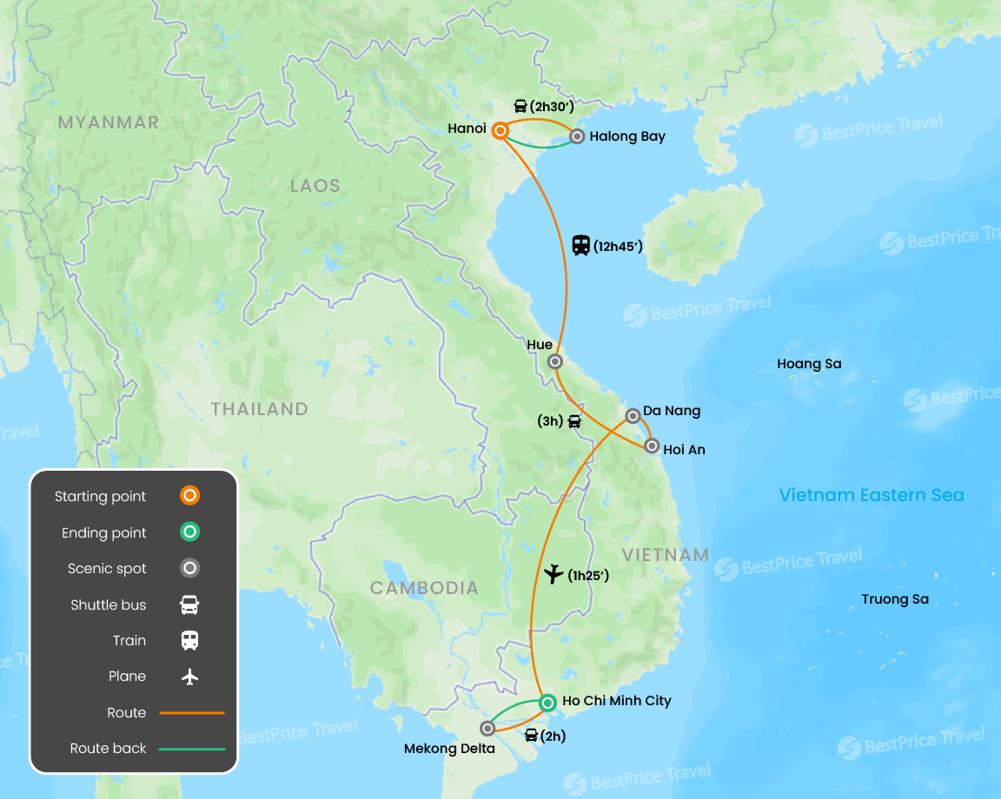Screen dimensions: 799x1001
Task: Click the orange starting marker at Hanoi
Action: coord(500,131)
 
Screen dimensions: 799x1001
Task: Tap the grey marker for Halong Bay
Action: coord(577,136)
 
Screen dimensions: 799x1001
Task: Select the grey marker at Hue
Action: coord(555,361)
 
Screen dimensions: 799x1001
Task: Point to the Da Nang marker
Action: coord(633,416)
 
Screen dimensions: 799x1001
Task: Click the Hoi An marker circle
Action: coord(652,446)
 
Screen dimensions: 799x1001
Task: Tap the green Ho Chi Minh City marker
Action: coord(547,702)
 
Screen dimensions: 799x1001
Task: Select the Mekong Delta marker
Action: coord(487,729)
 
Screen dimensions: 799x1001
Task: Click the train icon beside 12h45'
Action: coord(581,246)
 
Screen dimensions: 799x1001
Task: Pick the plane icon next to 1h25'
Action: coord(553,574)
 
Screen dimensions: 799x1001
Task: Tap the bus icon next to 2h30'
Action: coord(520,107)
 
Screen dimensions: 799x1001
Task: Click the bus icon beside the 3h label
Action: coord(574,422)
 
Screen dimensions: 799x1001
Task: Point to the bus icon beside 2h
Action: coord(531,736)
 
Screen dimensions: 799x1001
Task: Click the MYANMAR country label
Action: coord(109,122)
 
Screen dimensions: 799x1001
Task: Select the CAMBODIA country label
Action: coord(424,588)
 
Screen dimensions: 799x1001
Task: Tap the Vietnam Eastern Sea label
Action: coord(872,495)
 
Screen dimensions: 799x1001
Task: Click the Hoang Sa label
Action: coord(809,364)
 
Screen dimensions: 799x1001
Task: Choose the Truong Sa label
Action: coord(895,599)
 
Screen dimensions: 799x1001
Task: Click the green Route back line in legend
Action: coord(192,749)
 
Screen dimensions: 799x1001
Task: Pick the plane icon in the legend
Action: coord(189,677)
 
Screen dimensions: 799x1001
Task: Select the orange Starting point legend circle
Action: coord(189,496)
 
